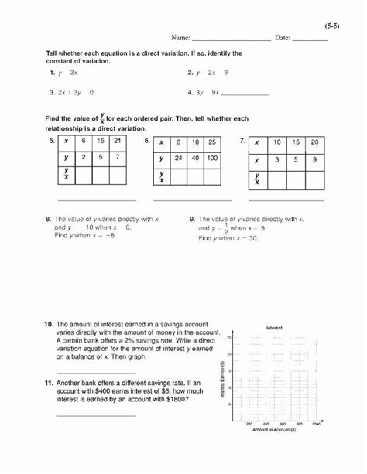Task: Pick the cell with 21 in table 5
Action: pos(117,142)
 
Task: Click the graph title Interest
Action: pos(274,329)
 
